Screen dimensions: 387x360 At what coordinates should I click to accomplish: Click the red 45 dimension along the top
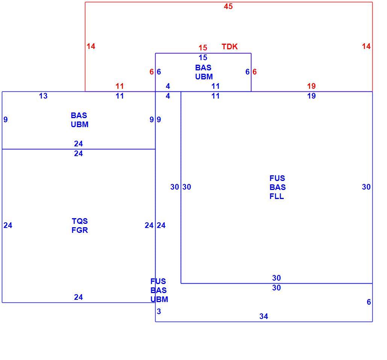(228, 6)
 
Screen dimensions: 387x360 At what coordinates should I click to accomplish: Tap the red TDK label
(230, 47)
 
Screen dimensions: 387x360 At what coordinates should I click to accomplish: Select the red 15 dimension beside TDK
(203, 48)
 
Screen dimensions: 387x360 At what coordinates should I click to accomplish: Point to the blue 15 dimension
(203, 58)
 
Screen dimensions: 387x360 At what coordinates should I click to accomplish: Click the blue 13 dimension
(43, 96)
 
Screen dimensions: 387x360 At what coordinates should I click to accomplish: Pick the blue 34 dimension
(264, 316)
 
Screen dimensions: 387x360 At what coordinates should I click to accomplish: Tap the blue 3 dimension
(159, 311)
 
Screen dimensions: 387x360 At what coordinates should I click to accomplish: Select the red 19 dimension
(311, 86)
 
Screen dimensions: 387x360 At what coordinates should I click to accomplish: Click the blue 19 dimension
(311, 96)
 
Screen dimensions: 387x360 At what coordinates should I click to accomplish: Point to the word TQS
(80, 221)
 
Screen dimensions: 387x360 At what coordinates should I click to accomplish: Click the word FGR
(80, 230)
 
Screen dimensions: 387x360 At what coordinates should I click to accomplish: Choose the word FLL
(277, 196)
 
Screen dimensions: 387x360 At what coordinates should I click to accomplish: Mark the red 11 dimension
(120, 86)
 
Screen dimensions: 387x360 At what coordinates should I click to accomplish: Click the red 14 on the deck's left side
(91, 46)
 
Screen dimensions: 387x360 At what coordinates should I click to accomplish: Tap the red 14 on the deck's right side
(366, 46)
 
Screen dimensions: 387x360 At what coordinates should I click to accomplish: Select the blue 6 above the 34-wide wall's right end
(369, 302)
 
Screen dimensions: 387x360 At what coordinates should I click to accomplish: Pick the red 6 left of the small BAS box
(151, 72)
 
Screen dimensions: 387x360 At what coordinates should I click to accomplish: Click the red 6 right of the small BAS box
(254, 72)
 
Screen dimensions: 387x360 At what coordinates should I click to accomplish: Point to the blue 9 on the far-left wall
(6, 120)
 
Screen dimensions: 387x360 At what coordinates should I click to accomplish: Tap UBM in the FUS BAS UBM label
(159, 299)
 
